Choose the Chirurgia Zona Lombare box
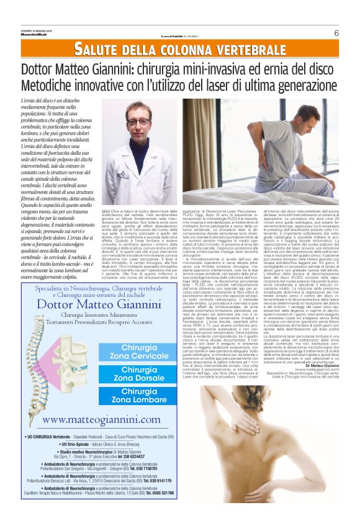point(139,396)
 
